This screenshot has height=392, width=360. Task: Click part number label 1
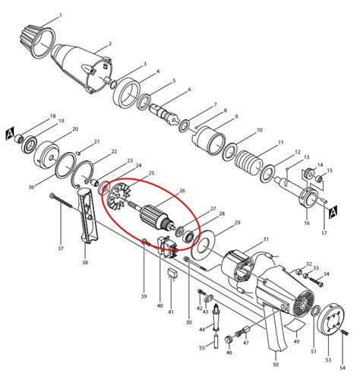click(x=61, y=15)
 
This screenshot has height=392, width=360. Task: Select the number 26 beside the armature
click(x=182, y=191)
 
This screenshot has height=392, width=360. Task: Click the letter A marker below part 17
click(x=331, y=213)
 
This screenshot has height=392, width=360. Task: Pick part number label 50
click(x=275, y=365)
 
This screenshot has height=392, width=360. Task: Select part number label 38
click(x=84, y=263)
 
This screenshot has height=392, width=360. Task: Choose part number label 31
click(x=266, y=240)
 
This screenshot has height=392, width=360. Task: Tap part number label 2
click(x=110, y=44)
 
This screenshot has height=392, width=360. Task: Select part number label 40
click(x=159, y=305)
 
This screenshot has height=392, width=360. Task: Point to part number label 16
click(x=306, y=224)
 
